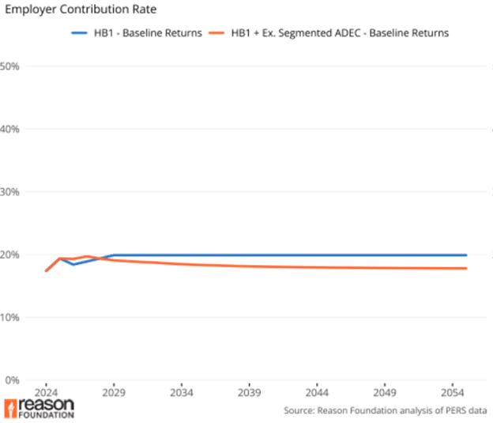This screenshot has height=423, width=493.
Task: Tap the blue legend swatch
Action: click(79, 33)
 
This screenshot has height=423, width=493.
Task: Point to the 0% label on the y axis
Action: click(10, 380)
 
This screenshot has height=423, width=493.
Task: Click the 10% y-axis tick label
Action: click(10, 317)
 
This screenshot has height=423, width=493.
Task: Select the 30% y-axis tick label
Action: click(10, 191)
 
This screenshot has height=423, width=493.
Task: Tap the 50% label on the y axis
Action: click(10, 66)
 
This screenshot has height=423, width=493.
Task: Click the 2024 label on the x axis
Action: click(46, 391)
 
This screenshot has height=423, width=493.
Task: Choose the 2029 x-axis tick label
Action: click(114, 391)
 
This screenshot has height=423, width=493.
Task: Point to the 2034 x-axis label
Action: click(182, 391)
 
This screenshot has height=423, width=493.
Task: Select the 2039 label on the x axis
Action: click(250, 391)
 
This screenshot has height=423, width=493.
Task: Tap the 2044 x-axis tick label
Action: click(318, 391)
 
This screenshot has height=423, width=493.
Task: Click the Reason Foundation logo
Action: click(40, 408)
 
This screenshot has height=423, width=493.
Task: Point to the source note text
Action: click(387, 410)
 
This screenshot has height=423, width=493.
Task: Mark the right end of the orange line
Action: click(467, 269)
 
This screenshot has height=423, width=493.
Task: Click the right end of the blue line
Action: click(467, 255)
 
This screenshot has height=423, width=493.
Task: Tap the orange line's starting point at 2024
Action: click(45, 272)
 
